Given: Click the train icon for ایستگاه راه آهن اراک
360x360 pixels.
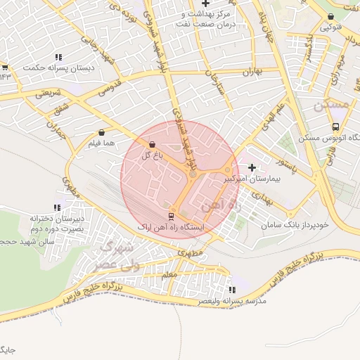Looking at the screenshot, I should [171, 215].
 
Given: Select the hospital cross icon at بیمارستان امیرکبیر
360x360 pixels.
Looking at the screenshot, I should [252, 167].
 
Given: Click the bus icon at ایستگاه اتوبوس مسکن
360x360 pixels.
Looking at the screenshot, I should [335, 127].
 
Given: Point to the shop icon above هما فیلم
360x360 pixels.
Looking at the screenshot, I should [103, 131].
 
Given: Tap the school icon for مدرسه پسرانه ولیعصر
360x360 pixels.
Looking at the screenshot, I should [233, 289].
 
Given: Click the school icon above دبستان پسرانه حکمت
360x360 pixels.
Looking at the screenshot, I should [58, 57].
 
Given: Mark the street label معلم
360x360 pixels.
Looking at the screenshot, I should [169, 276].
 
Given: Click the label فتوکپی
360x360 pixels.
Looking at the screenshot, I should [331, 28].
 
